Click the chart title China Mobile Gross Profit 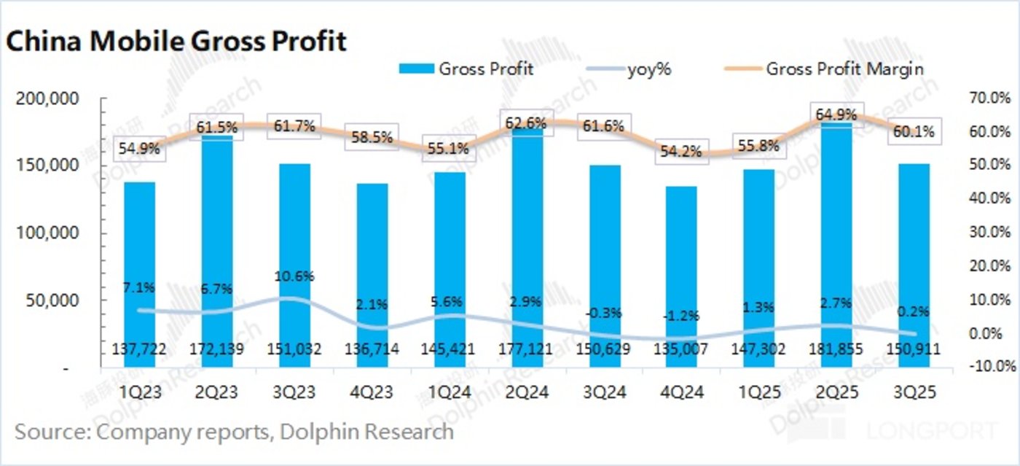tap(176, 42)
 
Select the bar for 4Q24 tap(681, 277)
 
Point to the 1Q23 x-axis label tap(139, 392)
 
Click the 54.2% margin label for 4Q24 tap(681, 152)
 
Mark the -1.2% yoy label tap(681, 316)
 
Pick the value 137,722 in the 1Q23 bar tap(139, 349)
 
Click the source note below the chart tap(234, 431)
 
